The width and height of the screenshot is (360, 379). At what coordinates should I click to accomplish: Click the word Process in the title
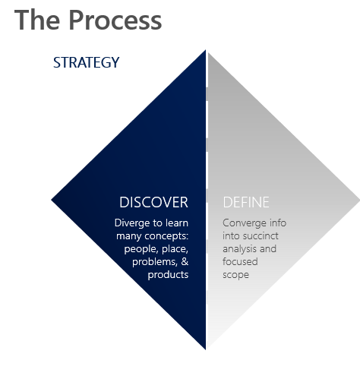[115, 20]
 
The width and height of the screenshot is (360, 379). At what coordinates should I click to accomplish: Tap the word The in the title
[37, 20]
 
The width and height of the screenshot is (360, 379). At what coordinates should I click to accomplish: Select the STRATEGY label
[86, 62]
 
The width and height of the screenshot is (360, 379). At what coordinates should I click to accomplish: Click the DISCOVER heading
[153, 202]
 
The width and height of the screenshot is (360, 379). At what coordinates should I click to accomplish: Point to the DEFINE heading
[246, 202]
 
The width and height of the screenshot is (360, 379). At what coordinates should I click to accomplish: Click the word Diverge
[132, 223]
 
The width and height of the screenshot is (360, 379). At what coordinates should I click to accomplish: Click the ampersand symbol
[185, 261]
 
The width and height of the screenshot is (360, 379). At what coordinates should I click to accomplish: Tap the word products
[168, 275]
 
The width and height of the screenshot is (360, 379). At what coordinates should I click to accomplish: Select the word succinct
[261, 236]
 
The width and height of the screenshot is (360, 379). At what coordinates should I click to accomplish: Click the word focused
[240, 261]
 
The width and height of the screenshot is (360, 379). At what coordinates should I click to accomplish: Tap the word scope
[235, 275]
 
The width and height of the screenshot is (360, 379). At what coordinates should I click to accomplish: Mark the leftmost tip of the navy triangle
[52, 200]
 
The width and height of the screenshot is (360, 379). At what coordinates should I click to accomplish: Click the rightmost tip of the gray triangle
[359, 201]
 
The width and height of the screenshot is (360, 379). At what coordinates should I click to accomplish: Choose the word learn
[177, 223]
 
